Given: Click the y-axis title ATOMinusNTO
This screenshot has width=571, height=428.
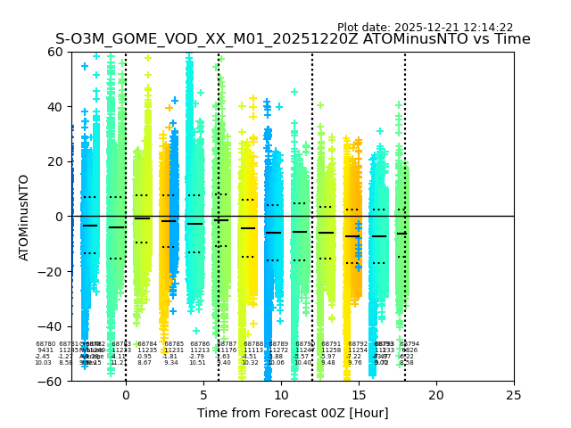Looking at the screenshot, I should [x=24, y=217].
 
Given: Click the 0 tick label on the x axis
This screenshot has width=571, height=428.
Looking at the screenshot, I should [x=126, y=395].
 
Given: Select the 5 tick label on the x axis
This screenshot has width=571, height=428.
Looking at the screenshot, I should [x=203, y=395].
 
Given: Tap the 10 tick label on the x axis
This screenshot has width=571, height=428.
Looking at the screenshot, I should [x=281, y=395].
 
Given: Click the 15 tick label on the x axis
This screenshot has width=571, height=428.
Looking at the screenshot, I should [x=359, y=395].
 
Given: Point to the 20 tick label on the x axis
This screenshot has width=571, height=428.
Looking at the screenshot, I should [x=436, y=395].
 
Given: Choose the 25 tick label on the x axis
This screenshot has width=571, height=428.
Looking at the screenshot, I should [x=514, y=395].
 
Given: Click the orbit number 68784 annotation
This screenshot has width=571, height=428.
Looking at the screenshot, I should [x=147, y=344].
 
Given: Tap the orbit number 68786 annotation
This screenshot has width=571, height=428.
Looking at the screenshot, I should [x=200, y=344].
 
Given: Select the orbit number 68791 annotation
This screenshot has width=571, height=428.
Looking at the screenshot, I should [x=331, y=344].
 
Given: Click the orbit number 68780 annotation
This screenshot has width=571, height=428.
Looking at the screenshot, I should [x=46, y=344].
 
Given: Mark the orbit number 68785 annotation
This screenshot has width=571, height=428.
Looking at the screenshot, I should [x=174, y=344].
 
